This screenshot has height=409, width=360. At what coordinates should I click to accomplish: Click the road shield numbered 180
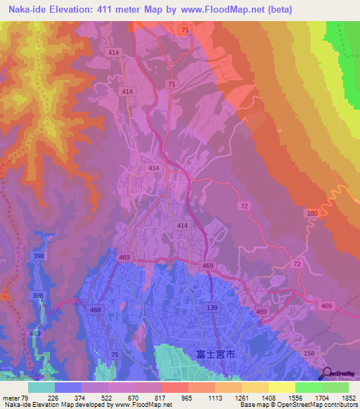312,213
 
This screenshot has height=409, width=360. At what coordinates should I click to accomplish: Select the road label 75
114,355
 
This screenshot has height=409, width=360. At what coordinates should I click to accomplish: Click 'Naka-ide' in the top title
27,9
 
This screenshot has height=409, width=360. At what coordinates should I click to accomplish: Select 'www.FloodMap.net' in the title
219,9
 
